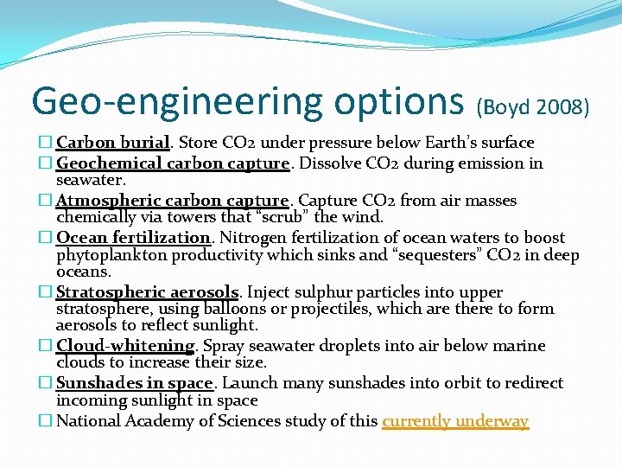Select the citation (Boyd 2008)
tap(533, 106)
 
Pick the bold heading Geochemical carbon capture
tap(172, 163)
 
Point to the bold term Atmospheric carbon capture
tap(171, 201)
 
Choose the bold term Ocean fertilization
tap(133, 238)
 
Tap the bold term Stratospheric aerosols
tap(147, 293)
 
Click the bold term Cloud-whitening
tap(125, 346)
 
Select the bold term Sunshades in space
tap(134, 383)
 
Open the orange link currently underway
tap(454, 421)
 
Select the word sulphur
tap(320, 293)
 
